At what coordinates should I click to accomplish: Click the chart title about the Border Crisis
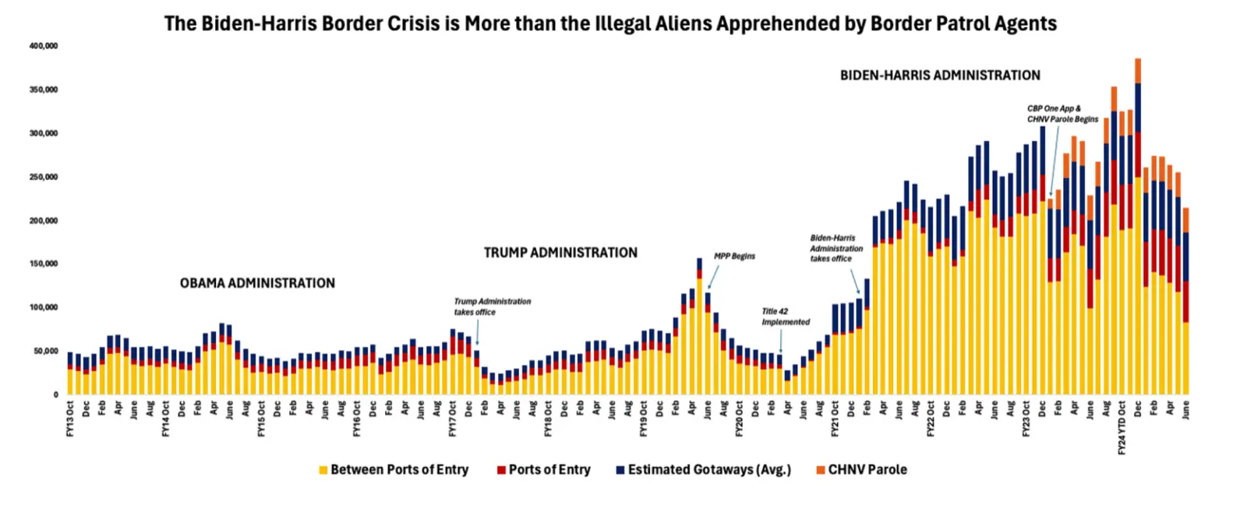tap(610, 23)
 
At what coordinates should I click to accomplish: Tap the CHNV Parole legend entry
tap(861, 469)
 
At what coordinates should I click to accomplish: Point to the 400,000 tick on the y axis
tap(44, 46)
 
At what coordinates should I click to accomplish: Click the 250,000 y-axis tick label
tap(44, 177)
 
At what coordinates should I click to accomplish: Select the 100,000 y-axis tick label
tap(44, 307)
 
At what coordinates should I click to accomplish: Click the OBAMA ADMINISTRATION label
tap(257, 283)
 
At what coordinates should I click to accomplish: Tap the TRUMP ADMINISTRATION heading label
tap(560, 253)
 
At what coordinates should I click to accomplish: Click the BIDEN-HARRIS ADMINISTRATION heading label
tap(940, 76)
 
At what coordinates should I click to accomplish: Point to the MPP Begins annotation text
tap(734, 256)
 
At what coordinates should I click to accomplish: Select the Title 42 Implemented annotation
tap(785, 316)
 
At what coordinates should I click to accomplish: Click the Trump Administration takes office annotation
tap(493, 306)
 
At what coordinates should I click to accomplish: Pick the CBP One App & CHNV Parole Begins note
tap(1062, 114)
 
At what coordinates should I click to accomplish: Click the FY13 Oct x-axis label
tap(70, 419)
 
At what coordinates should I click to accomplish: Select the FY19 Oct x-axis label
tap(644, 419)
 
